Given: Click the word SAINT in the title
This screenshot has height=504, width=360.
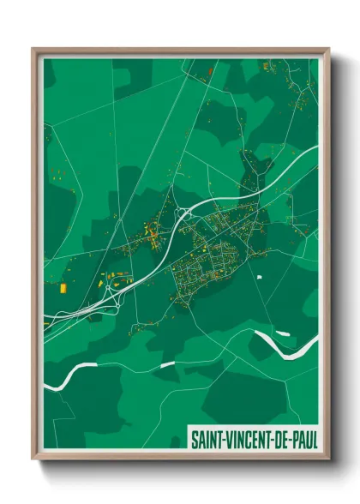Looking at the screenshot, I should [x=207, y=439].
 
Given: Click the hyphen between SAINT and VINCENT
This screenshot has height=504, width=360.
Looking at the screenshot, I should [x=226, y=439].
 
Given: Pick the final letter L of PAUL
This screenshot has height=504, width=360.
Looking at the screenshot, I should [x=315, y=439].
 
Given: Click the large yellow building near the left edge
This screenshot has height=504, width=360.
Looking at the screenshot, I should [x=62, y=288].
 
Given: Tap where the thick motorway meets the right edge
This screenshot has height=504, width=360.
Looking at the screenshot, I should [x=315, y=148].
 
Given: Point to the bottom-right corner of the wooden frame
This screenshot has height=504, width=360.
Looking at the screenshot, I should [x=327, y=459].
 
